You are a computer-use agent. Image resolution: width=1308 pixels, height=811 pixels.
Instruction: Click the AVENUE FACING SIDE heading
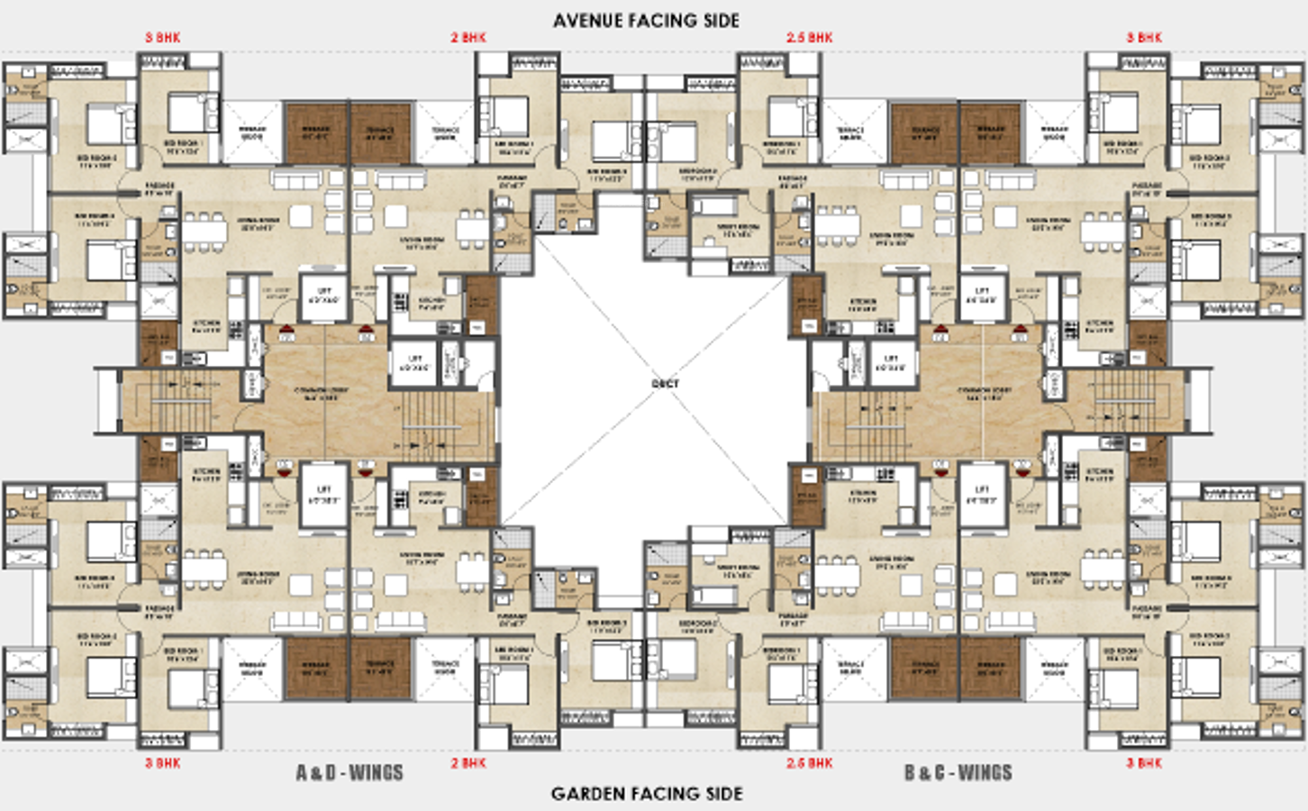click(x=646, y=20)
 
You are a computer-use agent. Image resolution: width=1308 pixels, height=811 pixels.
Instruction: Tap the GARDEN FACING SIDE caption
click(x=647, y=794)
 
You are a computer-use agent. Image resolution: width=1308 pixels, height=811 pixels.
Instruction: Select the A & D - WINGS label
click(x=350, y=773)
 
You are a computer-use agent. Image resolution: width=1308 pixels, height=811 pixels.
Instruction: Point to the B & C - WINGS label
click(x=958, y=773)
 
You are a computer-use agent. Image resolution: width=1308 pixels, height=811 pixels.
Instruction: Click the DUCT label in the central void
click(x=665, y=384)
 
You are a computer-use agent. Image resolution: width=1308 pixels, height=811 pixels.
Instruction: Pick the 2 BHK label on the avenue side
click(x=468, y=38)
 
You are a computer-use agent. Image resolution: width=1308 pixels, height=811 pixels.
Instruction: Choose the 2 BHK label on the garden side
click(x=468, y=763)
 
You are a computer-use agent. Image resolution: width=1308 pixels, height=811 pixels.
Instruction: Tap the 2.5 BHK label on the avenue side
click(x=809, y=38)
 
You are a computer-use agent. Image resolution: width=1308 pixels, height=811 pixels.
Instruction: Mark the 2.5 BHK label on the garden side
click(x=809, y=763)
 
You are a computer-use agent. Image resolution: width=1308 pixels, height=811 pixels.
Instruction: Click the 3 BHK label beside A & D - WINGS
click(x=163, y=763)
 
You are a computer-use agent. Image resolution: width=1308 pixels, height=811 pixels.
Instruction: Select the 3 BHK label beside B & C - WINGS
click(x=1144, y=763)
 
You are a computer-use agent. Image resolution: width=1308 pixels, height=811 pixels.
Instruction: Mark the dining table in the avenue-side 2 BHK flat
click(x=471, y=229)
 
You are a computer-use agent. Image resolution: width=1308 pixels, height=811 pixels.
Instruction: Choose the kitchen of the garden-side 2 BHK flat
click(x=431, y=496)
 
